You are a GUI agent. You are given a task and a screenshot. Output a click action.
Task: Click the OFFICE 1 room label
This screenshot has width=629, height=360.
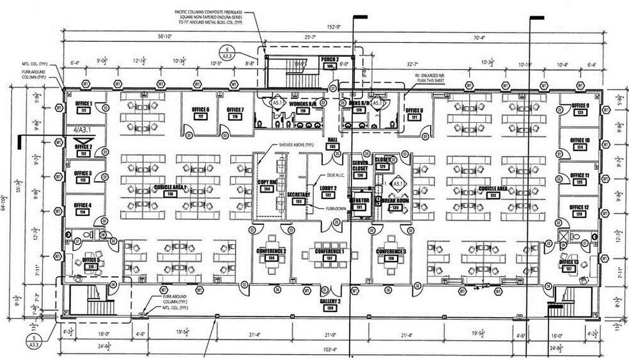point(83,104)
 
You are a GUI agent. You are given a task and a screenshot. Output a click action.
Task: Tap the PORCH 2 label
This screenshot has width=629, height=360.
point(330,59)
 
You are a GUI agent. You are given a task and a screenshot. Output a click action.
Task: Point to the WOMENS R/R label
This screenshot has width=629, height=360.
point(303,104)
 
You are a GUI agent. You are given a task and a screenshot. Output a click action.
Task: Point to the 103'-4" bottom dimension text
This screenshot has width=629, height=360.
point(330,350)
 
